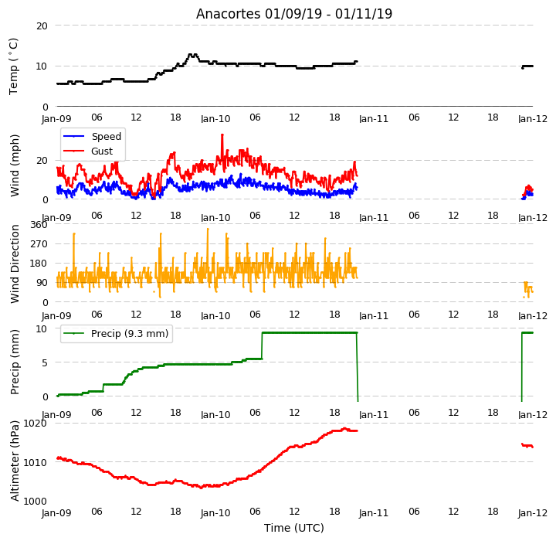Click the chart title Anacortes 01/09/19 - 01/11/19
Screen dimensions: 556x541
(x=294, y=14)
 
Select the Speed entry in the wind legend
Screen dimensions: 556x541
(x=107, y=136)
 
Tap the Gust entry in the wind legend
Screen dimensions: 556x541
(x=102, y=151)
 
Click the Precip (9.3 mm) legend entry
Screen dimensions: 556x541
(x=130, y=333)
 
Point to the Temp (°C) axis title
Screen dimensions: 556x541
(x=13, y=66)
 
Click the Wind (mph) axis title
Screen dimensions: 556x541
(x=15, y=165)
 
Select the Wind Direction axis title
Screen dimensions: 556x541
(x=15, y=264)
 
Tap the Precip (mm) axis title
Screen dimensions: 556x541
(x=15, y=362)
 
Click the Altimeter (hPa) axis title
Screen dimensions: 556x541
(x=15, y=461)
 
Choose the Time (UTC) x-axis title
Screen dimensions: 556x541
(x=294, y=528)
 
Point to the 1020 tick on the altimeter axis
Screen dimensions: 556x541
(x=35, y=424)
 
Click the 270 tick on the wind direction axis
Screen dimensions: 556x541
(x=39, y=244)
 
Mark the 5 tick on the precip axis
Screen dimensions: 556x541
(x=45, y=362)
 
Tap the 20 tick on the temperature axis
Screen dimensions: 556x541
(x=42, y=26)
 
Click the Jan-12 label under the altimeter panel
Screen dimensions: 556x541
(x=533, y=513)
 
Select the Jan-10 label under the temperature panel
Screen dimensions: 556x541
(x=215, y=118)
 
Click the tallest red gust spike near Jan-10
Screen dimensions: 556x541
(x=222, y=135)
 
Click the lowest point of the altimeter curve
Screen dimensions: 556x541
(x=202, y=488)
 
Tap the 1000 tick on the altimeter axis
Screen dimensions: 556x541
(x=35, y=502)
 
